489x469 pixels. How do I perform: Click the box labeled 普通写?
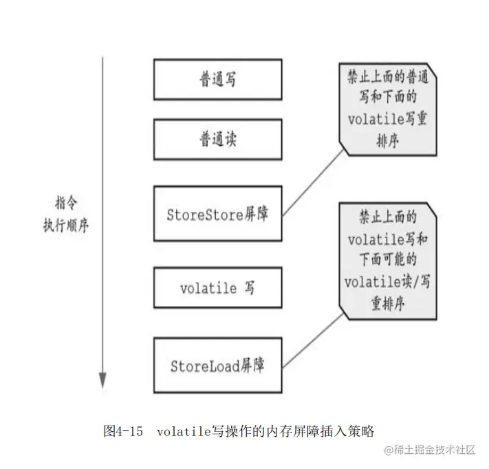pyautogui.click(x=217, y=79)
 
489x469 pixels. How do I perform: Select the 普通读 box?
pyautogui.click(x=217, y=140)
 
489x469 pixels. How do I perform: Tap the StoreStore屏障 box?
pyautogui.click(x=217, y=213)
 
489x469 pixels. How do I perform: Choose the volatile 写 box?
pyautogui.click(x=217, y=287)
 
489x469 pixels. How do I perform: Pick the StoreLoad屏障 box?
pyautogui.click(x=217, y=364)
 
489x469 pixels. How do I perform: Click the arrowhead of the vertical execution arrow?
pyautogui.click(x=102, y=380)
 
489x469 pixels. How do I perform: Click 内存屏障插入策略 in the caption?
pyautogui.click(x=320, y=432)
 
